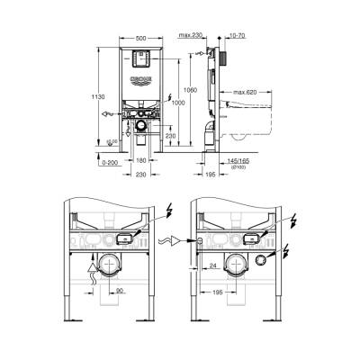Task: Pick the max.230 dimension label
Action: (x=190, y=35)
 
